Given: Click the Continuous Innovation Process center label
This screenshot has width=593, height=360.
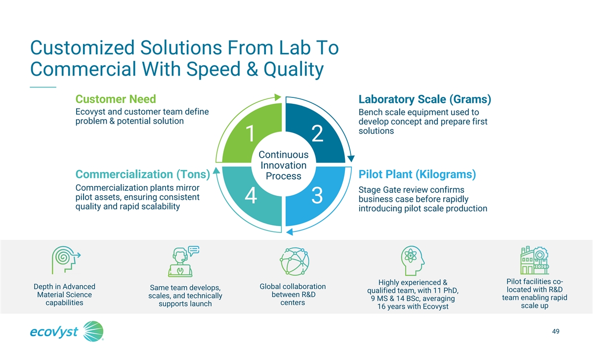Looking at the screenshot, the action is click(284, 165).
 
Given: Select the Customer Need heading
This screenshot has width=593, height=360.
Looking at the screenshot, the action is click(116, 99).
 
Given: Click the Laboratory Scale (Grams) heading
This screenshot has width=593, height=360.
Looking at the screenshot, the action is click(424, 99).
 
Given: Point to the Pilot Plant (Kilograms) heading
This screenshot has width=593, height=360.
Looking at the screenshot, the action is click(417, 174).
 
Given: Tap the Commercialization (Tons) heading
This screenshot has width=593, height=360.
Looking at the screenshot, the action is click(143, 174).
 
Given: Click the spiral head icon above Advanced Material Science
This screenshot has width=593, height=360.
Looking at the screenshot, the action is click(66, 260).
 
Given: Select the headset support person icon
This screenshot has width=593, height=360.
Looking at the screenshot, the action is click(180, 263).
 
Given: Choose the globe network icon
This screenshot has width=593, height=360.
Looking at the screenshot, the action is click(295, 262).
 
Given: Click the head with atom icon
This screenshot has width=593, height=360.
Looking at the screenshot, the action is click(413, 261).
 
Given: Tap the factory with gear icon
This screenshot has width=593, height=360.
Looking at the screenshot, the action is click(535, 260).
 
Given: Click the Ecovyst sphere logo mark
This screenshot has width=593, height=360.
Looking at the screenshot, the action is click(93, 331).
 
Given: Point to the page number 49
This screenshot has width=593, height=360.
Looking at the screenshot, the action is click(555, 331).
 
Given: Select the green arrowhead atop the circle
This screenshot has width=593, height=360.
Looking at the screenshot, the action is click(278, 97).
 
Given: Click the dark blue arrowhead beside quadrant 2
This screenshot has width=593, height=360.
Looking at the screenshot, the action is click(351, 159).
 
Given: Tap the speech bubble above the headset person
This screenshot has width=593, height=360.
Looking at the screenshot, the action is click(194, 250).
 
